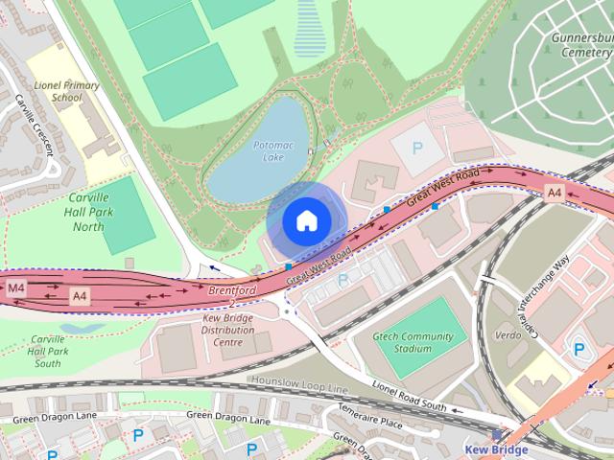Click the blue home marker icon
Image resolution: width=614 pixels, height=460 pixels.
coord(305,221)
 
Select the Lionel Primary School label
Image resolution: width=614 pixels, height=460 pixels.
coord(67,91)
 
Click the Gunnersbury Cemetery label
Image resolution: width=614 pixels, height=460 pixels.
coord(581,45)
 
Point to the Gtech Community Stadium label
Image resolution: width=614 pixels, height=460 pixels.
coord(413,342)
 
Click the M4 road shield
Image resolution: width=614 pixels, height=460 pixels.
coord(16,287)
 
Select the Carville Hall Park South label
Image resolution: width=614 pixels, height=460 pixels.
coord(47,351)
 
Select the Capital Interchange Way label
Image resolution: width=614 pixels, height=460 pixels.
coord(547,297)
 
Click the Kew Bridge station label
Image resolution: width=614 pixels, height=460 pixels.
coord(496,448)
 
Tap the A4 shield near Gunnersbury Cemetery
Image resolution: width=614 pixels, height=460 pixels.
coord(554,193)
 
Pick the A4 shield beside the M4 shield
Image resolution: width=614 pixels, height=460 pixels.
coord(82,298)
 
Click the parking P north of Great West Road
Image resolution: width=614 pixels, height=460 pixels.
coord(416,149)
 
